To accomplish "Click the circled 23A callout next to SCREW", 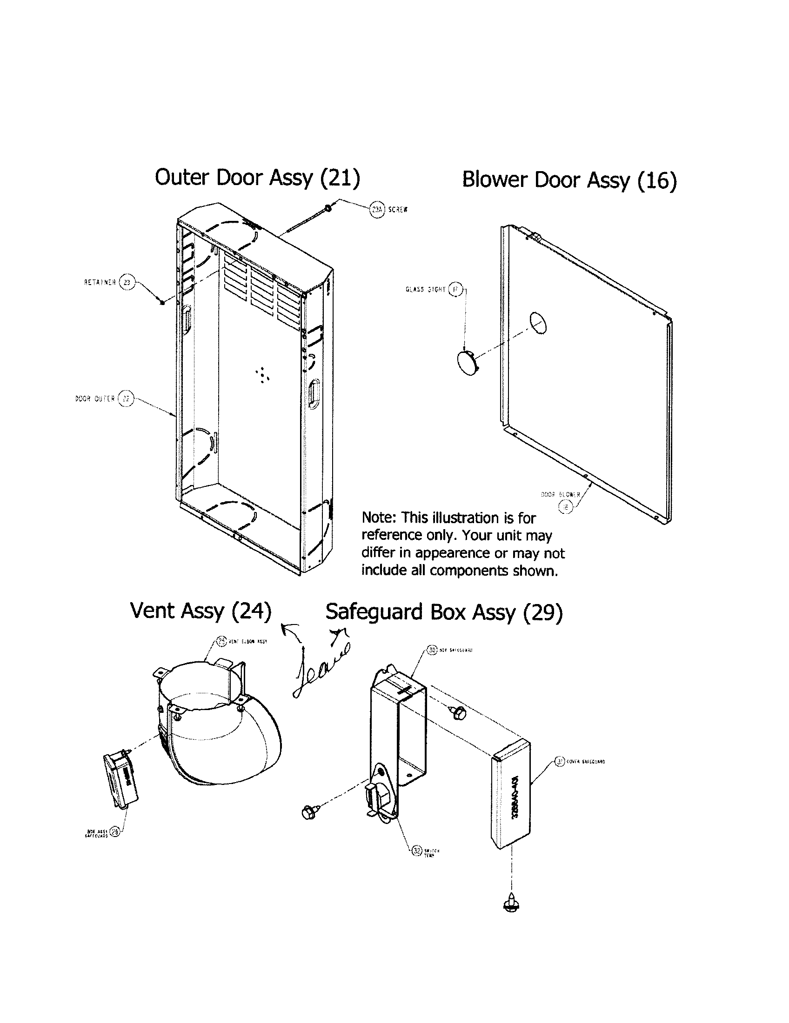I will click(377, 209).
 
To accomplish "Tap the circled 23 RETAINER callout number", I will click(127, 282).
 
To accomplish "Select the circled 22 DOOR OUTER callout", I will click(125, 399).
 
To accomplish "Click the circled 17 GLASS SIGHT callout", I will click(455, 290).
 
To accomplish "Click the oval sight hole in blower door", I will click(538, 323).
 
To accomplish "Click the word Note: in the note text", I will click(379, 518).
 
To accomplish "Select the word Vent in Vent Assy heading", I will click(153, 611).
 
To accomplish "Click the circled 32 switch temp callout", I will click(416, 850).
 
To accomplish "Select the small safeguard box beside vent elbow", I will click(120, 781).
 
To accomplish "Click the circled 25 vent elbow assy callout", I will click(222, 641).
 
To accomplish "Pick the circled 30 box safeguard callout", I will click(432, 650).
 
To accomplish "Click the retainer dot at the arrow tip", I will click(161, 303).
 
